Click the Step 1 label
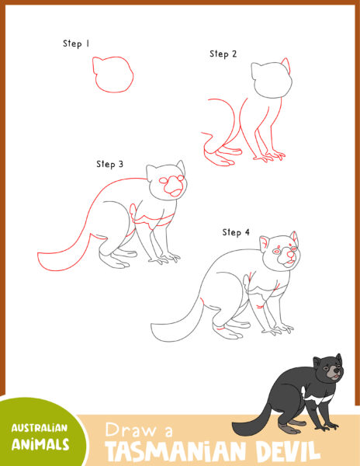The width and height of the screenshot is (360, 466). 76,44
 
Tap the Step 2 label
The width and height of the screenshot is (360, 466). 223,54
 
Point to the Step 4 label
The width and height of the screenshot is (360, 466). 236,232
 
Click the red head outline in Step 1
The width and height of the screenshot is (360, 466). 112,76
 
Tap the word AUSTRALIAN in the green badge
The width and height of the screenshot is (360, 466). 39,428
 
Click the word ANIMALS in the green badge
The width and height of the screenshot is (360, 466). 40,444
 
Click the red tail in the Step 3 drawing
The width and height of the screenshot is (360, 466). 66,256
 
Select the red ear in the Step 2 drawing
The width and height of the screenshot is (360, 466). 286,65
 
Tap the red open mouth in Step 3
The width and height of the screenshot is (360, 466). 178,191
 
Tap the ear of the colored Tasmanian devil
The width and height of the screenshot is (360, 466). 317,360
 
